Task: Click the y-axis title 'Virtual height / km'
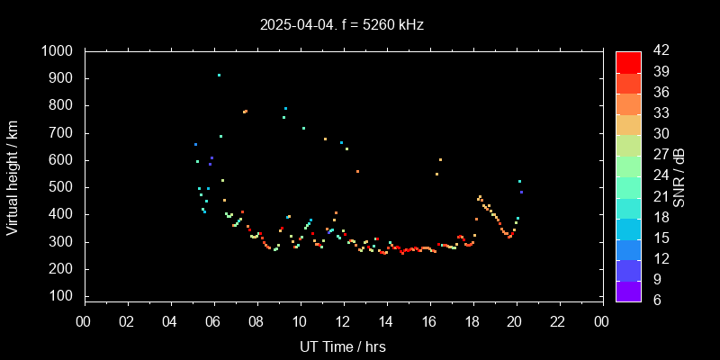(13, 175)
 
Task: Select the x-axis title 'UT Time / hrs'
(343, 346)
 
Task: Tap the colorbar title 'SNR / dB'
(679, 175)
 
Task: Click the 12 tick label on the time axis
(343, 320)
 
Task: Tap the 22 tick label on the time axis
(559, 320)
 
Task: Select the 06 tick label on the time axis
(213, 320)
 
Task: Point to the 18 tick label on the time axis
(472, 320)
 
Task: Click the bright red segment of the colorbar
(628, 61)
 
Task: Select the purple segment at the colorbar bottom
(628, 291)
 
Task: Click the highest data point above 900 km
(219, 75)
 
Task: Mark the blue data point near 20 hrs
(521, 192)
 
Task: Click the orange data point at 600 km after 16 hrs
(440, 159)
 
